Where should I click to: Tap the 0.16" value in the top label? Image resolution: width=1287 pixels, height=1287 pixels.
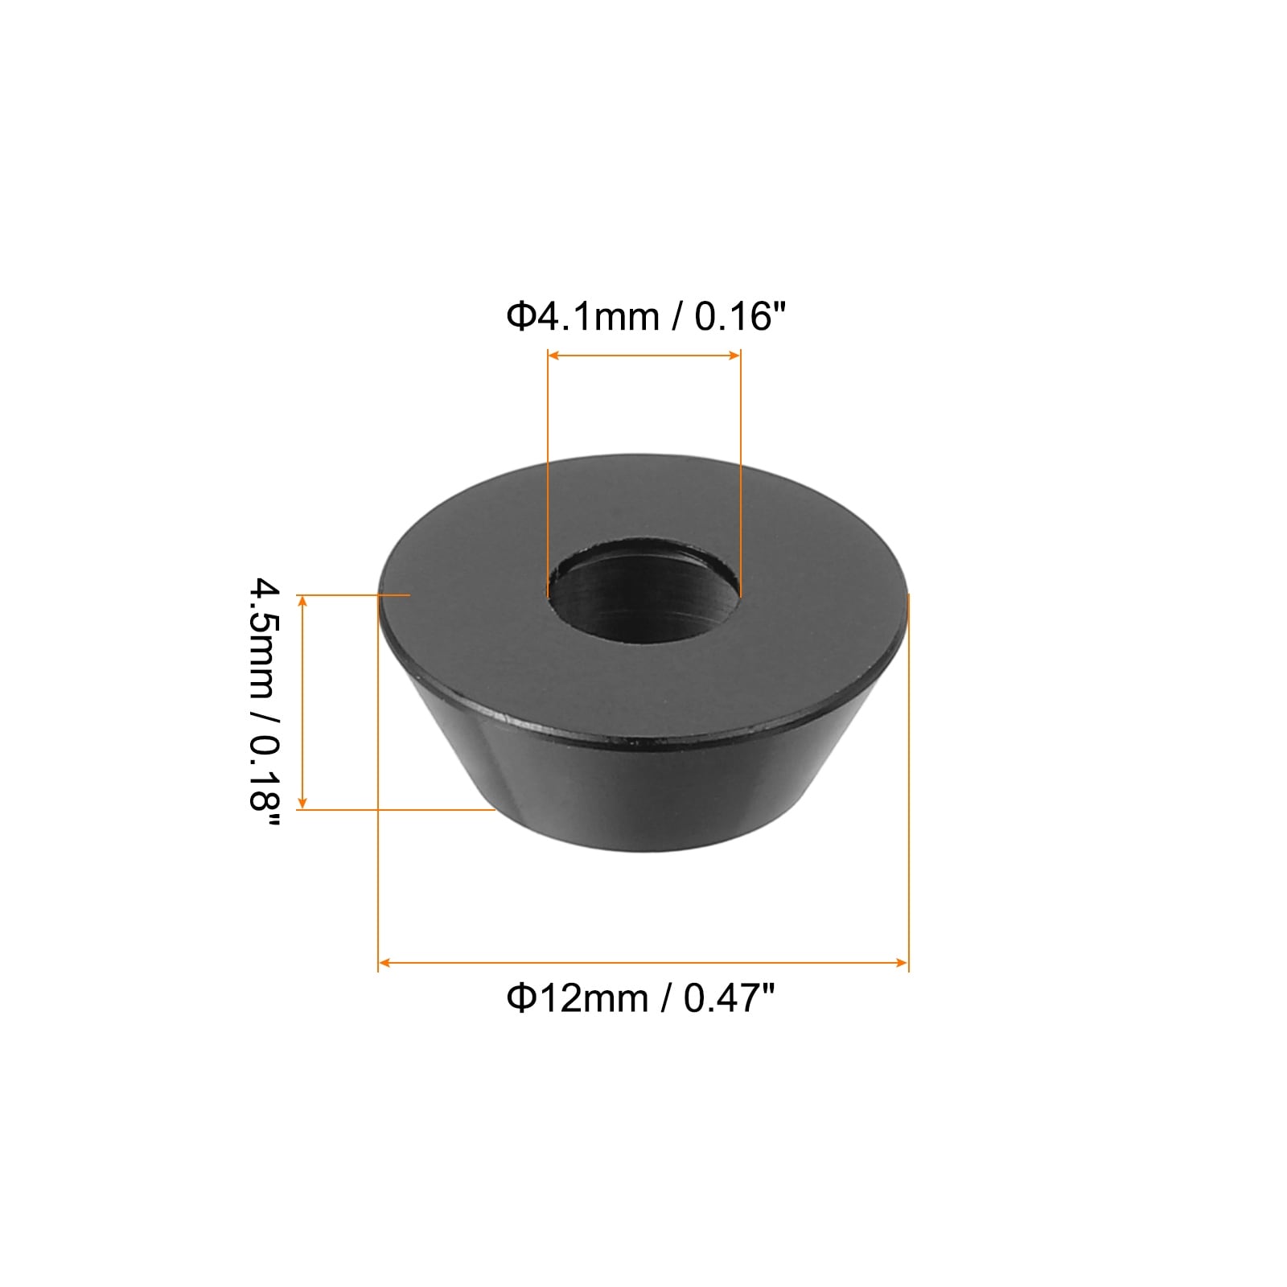click(738, 316)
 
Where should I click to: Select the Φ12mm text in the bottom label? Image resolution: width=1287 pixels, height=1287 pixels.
click(577, 998)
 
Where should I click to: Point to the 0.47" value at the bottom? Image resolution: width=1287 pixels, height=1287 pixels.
click(729, 998)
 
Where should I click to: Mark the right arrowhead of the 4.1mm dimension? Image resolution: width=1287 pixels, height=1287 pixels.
click(734, 355)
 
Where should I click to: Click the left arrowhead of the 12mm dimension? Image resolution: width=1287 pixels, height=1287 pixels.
click(384, 962)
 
